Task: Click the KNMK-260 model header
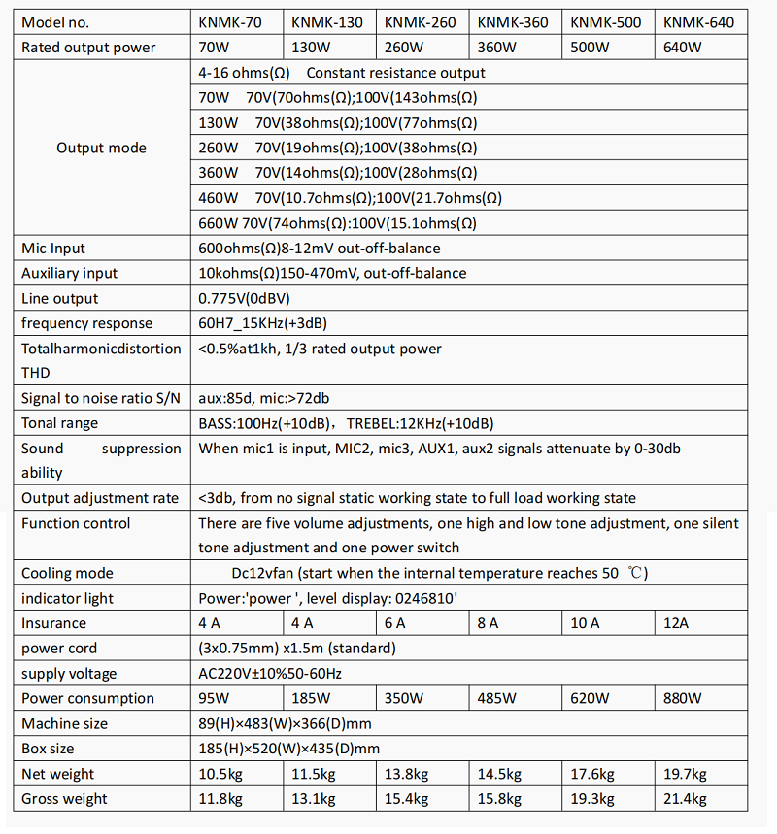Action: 420,22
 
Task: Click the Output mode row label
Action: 101,148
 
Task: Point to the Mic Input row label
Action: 53,249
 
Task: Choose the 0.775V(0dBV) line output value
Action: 244,299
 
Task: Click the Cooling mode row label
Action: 67,573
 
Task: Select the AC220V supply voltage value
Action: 270,674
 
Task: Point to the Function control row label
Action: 76,523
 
